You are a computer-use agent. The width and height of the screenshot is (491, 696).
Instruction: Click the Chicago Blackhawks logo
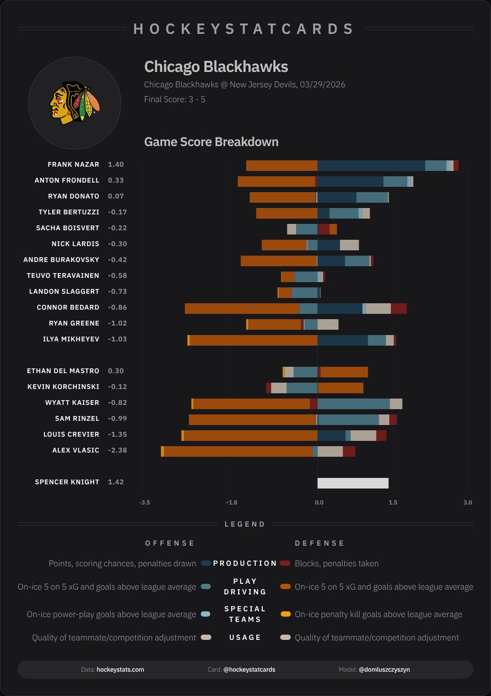(x=74, y=103)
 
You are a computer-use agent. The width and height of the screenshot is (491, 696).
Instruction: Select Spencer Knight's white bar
(x=353, y=483)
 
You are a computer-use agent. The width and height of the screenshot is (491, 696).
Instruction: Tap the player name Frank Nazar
(x=73, y=165)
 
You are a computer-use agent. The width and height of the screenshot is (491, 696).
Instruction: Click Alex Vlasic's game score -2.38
(x=117, y=450)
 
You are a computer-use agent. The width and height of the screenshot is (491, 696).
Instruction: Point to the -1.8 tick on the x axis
(x=230, y=502)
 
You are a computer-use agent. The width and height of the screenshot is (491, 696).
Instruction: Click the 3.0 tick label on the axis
(x=467, y=502)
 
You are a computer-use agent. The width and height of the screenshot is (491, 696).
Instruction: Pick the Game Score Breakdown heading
(x=211, y=142)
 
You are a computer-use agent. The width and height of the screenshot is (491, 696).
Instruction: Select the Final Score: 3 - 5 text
(x=174, y=99)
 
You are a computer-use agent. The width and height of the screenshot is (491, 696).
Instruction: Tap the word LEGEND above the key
(x=245, y=524)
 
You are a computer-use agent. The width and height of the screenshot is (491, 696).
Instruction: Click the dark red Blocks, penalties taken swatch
(x=285, y=563)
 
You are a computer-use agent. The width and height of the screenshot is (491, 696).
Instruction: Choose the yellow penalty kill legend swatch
(x=285, y=614)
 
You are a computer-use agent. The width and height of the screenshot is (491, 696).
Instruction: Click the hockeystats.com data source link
(x=120, y=670)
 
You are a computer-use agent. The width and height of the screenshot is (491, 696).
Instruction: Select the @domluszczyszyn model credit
(x=384, y=670)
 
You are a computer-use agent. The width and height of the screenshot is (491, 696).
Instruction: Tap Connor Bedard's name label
(x=68, y=308)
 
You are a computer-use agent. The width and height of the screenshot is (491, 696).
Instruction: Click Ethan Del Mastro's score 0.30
(x=115, y=371)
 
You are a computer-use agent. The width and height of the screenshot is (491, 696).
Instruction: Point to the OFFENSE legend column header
(x=170, y=543)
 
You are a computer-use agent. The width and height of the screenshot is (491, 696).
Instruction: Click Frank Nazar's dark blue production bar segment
(x=371, y=165)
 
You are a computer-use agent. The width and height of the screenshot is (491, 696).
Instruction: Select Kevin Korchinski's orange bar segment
(x=341, y=387)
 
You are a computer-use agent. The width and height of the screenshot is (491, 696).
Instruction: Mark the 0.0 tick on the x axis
(x=319, y=502)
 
